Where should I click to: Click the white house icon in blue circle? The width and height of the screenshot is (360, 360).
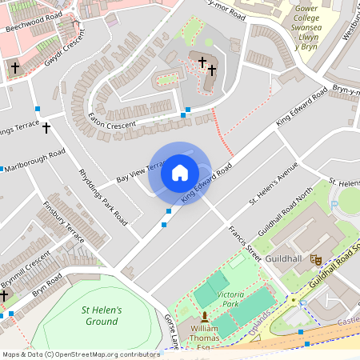click(180, 173)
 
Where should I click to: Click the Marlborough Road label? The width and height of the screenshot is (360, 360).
click(34, 161)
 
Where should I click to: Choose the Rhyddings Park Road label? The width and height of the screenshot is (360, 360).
click(103, 197)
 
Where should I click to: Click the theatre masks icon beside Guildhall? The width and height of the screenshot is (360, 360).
click(316, 260)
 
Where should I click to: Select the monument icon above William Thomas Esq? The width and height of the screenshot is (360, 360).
click(204, 318)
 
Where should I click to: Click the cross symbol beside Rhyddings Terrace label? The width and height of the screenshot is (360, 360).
click(46, 127)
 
